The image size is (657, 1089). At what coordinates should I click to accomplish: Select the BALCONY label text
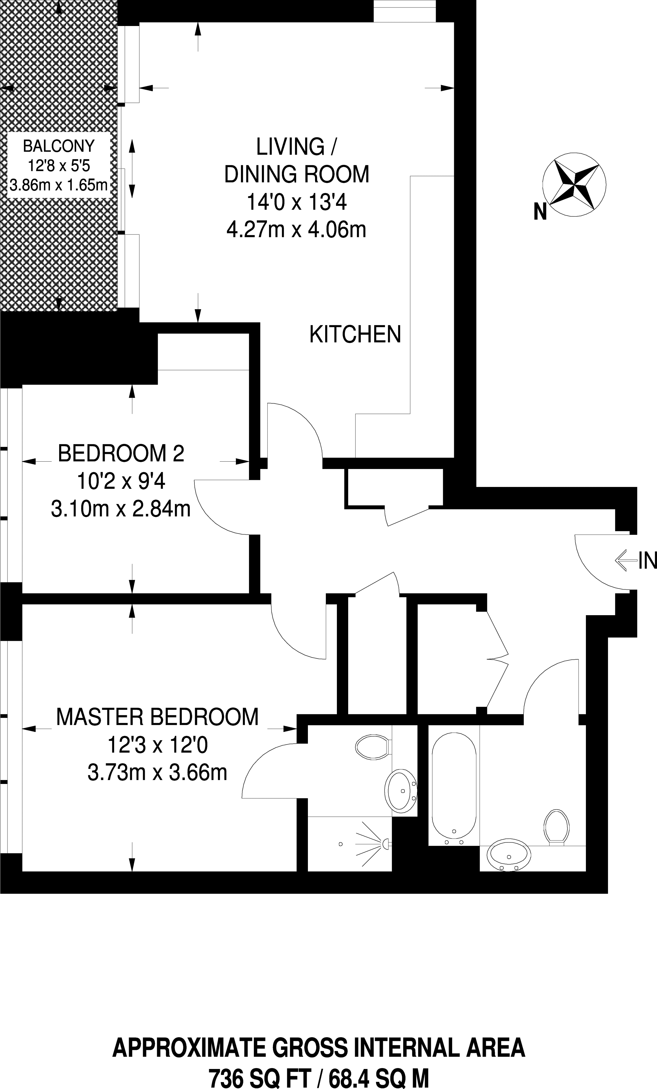(59, 145)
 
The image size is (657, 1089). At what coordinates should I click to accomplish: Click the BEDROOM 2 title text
(121, 454)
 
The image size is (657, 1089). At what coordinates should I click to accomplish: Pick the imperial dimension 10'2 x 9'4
(121, 481)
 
